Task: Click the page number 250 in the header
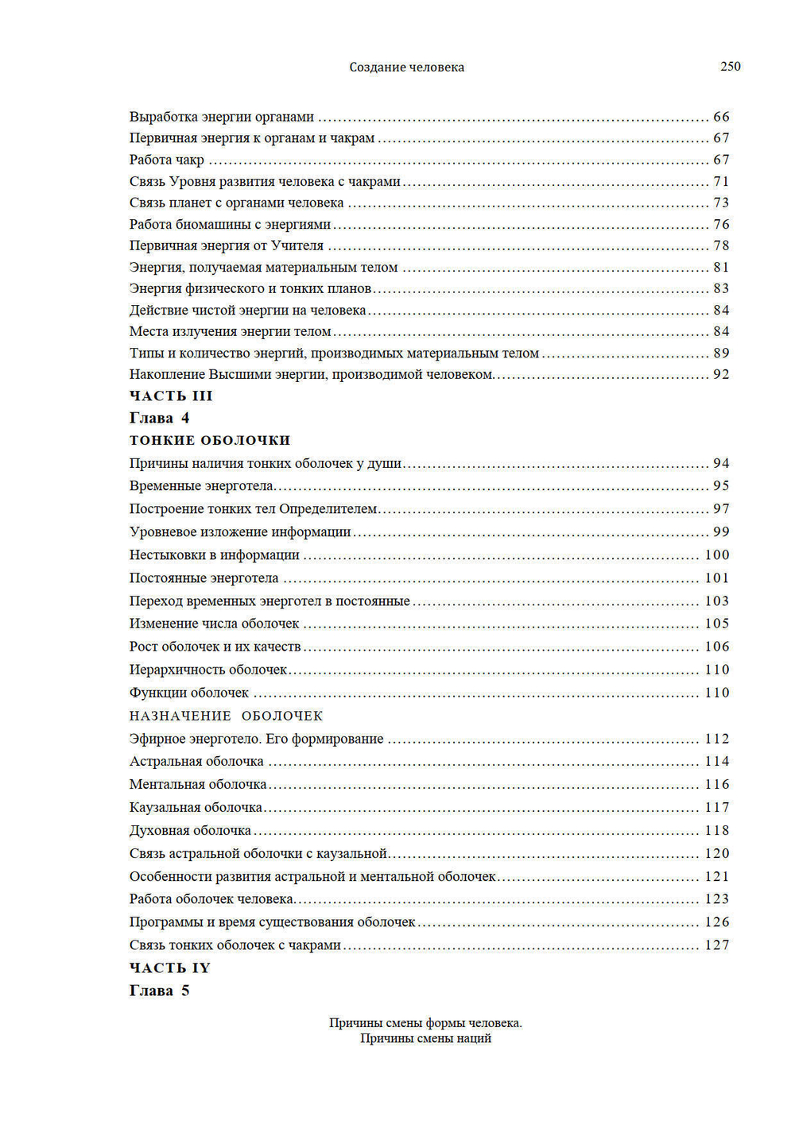pyautogui.click(x=730, y=67)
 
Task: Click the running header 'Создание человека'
pyautogui.click(x=406, y=68)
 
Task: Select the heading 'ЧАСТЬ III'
pyautogui.click(x=171, y=396)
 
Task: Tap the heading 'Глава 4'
pyautogui.click(x=159, y=418)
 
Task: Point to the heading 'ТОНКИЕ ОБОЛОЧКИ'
pyautogui.click(x=210, y=440)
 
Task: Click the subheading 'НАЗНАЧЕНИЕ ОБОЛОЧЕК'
pyautogui.click(x=226, y=716)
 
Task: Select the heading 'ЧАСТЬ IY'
pyautogui.click(x=169, y=968)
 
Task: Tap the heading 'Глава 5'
pyautogui.click(x=159, y=991)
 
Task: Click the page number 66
pyautogui.click(x=721, y=117)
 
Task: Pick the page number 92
pyautogui.click(x=721, y=374)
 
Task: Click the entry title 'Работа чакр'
pyautogui.click(x=167, y=160)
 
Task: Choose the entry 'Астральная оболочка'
pyautogui.click(x=196, y=761)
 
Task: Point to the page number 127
pyautogui.click(x=717, y=944)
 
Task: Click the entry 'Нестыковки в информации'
pyautogui.click(x=215, y=554)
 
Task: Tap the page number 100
pyautogui.click(x=717, y=554)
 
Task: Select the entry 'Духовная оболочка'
pyautogui.click(x=190, y=830)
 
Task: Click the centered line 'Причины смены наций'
pyautogui.click(x=425, y=1038)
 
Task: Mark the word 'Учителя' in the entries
pyautogui.click(x=297, y=245)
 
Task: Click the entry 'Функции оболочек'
pyautogui.click(x=189, y=693)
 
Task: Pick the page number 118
pyautogui.click(x=717, y=830)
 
